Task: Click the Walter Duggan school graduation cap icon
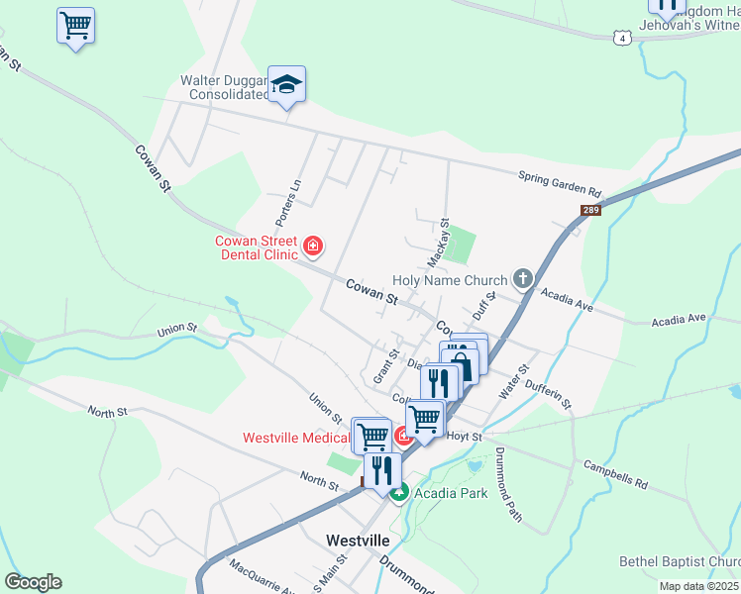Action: (x=286, y=85)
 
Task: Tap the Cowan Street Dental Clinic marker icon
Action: (x=313, y=245)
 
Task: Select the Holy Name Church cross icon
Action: (x=523, y=280)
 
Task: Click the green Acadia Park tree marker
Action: (x=398, y=492)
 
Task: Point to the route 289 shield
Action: (x=590, y=211)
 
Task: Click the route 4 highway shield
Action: (x=621, y=38)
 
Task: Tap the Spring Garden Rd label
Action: (x=560, y=183)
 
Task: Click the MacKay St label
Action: (x=438, y=244)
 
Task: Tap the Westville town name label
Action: (x=358, y=541)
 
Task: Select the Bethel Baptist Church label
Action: (x=680, y=561)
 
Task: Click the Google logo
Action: (x=33, y=582)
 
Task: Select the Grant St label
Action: (x=385, y=366)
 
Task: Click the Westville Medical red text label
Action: (x=296, y=437)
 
